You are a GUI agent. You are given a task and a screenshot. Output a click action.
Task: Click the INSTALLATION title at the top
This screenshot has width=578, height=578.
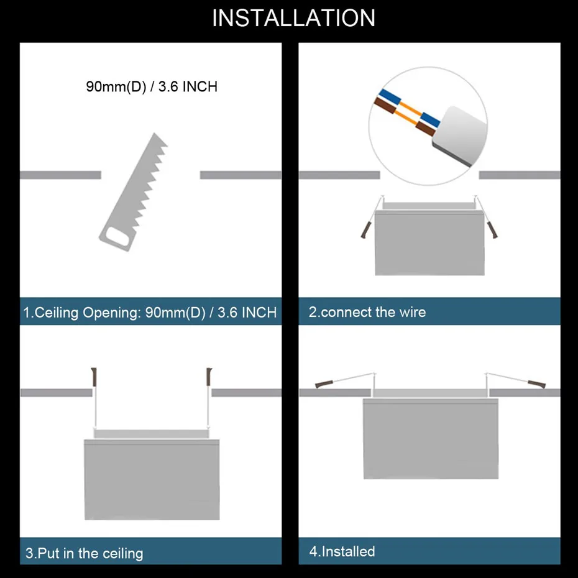click(x=293, y=18)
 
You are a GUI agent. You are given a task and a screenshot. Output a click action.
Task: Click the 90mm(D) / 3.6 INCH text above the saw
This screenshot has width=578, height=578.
click(x=152, y=86)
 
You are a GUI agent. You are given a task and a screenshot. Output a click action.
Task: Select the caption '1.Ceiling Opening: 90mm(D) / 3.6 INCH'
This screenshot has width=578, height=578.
click(x=150, y=312)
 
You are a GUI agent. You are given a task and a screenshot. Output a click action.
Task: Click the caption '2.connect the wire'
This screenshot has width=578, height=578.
click(x=367, y=312)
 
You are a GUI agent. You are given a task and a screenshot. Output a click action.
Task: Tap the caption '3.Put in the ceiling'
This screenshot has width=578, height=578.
click(x=84, y=553)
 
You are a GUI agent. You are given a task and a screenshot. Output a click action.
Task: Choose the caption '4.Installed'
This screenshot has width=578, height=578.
click(x=342, y=551)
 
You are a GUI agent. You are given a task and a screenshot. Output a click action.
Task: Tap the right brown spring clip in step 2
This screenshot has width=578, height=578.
click(x=493, y=229)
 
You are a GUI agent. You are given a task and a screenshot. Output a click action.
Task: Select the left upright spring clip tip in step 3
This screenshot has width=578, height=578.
click(x=95, y=375)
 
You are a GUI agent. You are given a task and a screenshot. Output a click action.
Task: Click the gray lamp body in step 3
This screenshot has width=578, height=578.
click(x=152, y=479)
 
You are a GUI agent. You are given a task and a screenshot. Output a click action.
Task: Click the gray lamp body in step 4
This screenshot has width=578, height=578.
click(x=430, y=438)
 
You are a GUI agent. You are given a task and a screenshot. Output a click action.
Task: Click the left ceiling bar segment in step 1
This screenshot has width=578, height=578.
click(x=60, y=175)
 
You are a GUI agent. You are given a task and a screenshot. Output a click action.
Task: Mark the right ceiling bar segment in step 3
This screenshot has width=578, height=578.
click(x=246, y=393)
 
